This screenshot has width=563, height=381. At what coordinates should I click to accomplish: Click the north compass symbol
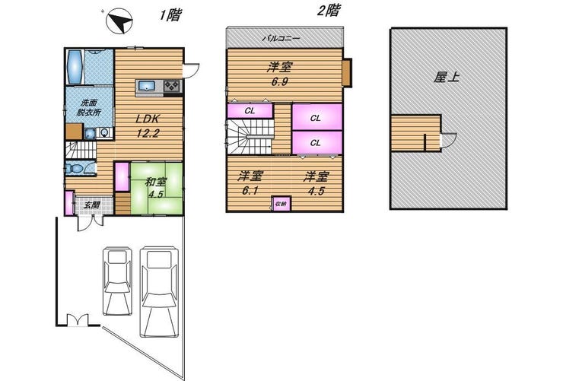click(x=119, y=21)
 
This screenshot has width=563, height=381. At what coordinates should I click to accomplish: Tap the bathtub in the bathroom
click(x=75, y=67)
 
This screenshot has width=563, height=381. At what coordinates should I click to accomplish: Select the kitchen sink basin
click(x=147, y=87)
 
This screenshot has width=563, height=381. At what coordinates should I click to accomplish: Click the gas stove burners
click(x=173, y=87)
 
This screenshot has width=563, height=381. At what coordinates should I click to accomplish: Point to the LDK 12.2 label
click(x=148, y=126)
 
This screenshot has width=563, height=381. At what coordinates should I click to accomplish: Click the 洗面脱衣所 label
click(x=89, y=107)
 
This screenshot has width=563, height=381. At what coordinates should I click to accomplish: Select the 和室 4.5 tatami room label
click(x=156, y=188)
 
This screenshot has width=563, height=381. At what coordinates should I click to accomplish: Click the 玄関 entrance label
click(x=91, y=205)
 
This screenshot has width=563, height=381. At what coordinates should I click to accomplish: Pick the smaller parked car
click(x=117, y=281)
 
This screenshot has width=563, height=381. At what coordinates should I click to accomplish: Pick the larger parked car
click(x=160, y=291)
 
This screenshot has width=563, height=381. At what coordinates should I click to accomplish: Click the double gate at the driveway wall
click(x=78, y=319)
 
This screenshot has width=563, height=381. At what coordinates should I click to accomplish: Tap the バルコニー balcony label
click(x=281, y=38)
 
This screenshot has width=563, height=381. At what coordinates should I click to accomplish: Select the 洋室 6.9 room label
click(x=279, y=74)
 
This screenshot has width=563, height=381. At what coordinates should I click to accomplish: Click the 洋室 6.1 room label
click(x=250, y=183)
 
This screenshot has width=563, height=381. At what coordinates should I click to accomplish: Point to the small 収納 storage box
click(x=281, y=204)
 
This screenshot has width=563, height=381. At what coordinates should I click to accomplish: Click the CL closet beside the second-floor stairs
click(x=250, y=111)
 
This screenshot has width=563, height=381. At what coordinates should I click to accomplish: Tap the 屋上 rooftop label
click(x=447, y=77)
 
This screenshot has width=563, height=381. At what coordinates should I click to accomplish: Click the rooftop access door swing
click(x=448, y=140)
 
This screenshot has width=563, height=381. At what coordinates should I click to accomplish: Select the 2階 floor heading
click(x=328, y=11)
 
